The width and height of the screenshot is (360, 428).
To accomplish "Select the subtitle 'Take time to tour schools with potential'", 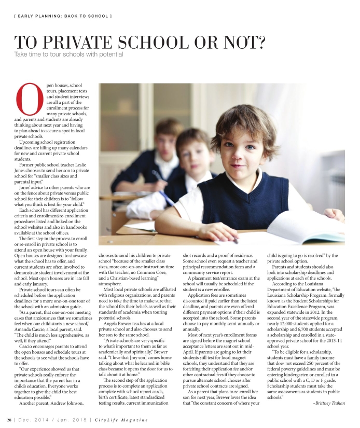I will click(68, 54).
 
